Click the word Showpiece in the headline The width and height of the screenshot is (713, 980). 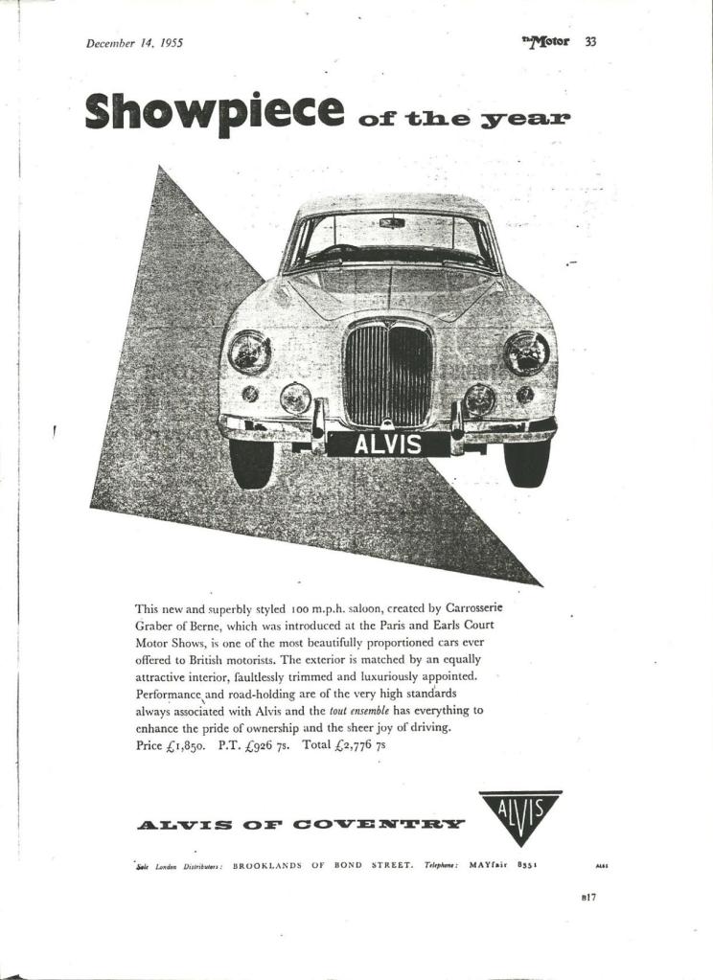click(x=214, y=112)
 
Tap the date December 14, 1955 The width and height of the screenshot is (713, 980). click(x=134, y=42)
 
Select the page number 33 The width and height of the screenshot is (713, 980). click(x=590, y=41)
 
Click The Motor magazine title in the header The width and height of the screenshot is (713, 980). click(x=547, y=41)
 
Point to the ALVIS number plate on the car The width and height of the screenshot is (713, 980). click(x=387, y=444)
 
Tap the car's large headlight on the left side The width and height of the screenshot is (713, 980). click(x=249, y=352)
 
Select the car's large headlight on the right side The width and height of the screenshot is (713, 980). click(x=526, y=353)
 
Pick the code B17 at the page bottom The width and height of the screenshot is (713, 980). click(x=589, y=897)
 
